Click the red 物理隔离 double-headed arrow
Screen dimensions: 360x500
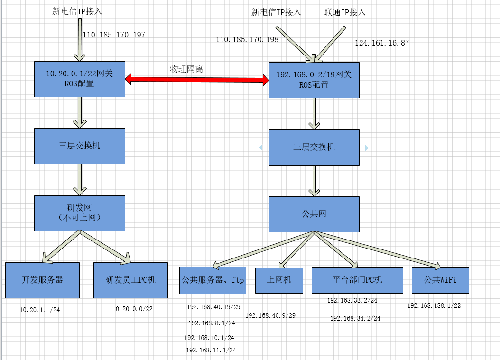tap(197, 80)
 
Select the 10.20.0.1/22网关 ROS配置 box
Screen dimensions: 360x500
tap(80, 79)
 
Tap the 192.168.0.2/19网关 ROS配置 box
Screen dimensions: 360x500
tap(314, 80)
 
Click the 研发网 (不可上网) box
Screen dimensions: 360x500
tap(80, 213)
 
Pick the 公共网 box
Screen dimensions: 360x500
tap(314, 214)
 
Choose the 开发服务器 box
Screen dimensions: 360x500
tap(42, 280)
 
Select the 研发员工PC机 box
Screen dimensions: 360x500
tap(130, 280)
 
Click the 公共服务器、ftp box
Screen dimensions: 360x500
tap(213, 280)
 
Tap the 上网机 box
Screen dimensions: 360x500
tap(280, 280)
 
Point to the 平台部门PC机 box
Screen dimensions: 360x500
tap(357, 280)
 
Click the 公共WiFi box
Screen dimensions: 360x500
tap(440, 280)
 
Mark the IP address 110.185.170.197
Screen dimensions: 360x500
tap(114, 35)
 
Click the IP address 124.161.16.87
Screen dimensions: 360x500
tap(382, 43)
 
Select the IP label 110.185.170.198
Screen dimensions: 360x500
tap(247, 40)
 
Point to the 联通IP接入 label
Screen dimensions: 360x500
tap(345, 12)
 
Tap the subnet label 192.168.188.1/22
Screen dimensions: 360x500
tap(434, 306)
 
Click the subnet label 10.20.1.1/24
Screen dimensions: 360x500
tap(40, 310)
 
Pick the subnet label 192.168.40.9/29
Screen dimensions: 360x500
tap(270, 315)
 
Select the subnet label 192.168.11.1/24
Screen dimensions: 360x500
tap(211, 351)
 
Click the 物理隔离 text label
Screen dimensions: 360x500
tap(186, 69)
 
